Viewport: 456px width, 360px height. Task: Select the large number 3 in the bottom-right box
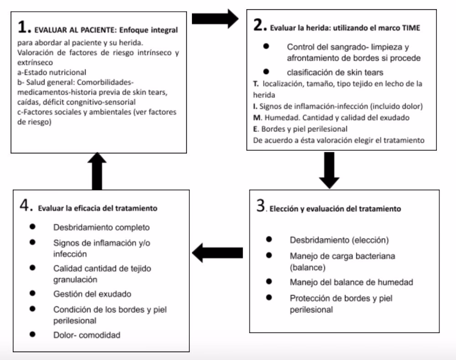260,207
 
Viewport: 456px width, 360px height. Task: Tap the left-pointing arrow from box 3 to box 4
218,252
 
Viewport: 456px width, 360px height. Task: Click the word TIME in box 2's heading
410,28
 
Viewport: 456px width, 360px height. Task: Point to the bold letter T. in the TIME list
256,84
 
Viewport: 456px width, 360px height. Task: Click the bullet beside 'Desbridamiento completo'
32,226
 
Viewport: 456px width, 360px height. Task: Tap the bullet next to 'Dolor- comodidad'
32,335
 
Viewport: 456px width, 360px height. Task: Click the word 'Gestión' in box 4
67,294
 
